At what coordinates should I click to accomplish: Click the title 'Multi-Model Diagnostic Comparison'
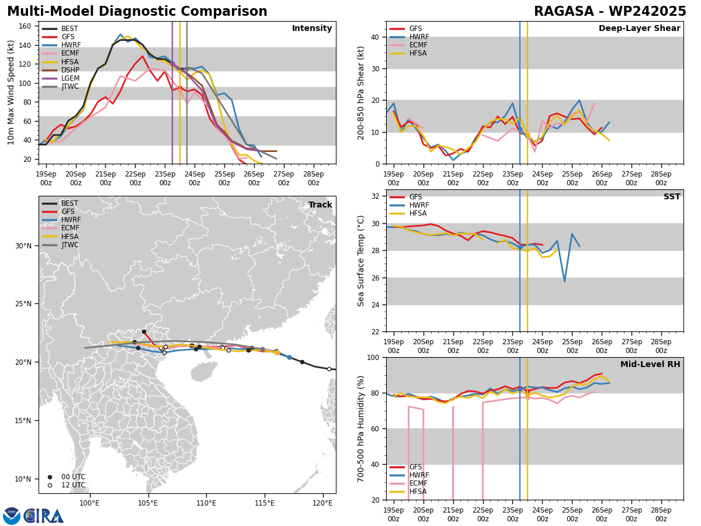137,12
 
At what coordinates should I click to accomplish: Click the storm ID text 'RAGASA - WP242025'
610,12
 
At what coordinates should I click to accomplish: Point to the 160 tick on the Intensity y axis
26,26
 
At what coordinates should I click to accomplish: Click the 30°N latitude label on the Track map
23,245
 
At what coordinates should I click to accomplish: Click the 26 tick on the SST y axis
377,278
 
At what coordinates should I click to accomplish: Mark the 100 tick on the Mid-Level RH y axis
374,357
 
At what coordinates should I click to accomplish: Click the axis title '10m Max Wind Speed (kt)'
11,92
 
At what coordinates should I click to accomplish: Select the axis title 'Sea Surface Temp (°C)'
361,261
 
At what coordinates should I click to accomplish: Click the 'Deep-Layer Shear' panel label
639,29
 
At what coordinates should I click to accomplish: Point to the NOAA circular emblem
12,515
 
